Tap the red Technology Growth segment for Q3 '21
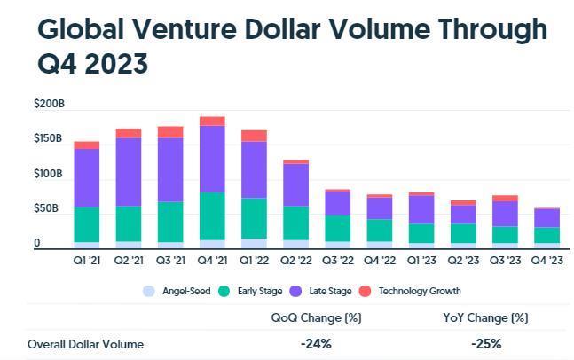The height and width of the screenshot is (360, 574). pos(170,131)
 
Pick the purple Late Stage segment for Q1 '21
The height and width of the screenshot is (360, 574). pos(86,177)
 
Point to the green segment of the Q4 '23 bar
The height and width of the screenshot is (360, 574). pos(546,235)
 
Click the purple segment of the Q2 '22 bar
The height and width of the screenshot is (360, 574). pos(295,184)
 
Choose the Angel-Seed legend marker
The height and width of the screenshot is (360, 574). pos(148,291)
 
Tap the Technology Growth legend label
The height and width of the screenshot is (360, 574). pos(419,291)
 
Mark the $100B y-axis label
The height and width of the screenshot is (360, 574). pos(48,174)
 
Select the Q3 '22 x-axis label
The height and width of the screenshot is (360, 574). pos(337,260)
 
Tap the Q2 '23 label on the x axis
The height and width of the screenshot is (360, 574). pos(463,260)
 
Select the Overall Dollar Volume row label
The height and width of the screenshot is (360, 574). pos(85,344)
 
